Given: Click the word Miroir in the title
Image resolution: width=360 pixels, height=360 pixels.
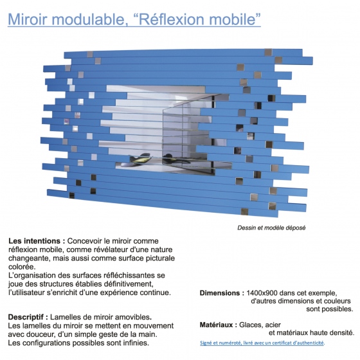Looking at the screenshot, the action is (x=28, y=19).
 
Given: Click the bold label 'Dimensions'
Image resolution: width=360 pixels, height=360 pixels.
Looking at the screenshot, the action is (x=221, y=292).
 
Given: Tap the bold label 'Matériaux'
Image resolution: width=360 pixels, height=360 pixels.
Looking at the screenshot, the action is (x=217, y=324).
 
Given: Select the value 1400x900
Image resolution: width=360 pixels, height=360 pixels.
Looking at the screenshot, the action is (x=265, y=292).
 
